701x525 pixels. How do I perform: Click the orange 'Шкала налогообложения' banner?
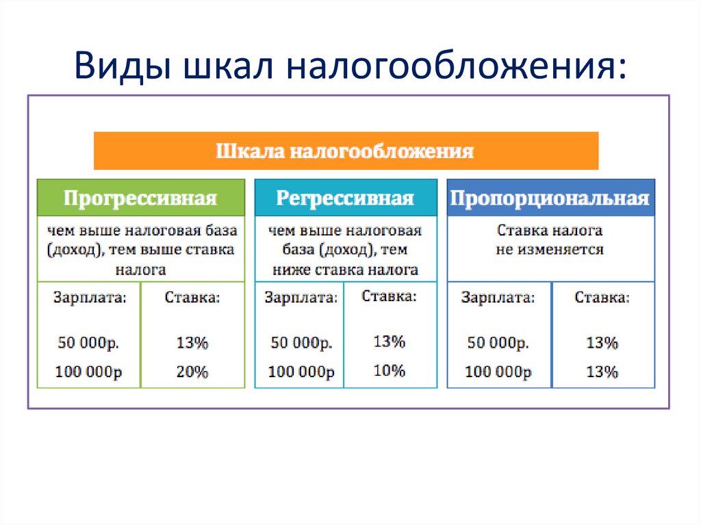(x=346, y=151)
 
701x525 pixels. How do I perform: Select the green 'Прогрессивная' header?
(x=140, y=199)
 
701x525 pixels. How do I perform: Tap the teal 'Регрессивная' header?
(x=345, y=199)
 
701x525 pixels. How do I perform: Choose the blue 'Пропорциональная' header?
(x=550, y=199)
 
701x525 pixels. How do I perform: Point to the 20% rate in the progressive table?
(x=192, y=372)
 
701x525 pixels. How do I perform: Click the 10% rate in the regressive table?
(x=390, y=370)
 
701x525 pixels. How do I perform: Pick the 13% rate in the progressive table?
(x=192, y=343)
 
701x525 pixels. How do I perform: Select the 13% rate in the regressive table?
(x=390, y=341)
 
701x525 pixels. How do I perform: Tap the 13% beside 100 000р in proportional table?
(x=602, y=372)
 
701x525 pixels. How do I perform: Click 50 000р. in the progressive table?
(x=89, y=343)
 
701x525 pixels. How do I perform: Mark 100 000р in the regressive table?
(x=301, y=372)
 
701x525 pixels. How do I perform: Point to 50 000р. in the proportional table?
(x=498, y=343)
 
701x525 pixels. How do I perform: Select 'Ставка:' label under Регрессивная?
(x=388, y=296)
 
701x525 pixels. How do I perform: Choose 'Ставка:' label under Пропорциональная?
(x=602, y=298)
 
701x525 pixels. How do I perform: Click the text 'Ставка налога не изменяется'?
(x=550, y=240)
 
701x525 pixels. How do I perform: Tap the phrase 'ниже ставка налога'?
(x=345, y=269)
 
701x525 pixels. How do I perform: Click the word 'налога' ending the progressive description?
(x=140, y=269)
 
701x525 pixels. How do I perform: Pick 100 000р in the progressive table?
(x=89, y=372)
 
